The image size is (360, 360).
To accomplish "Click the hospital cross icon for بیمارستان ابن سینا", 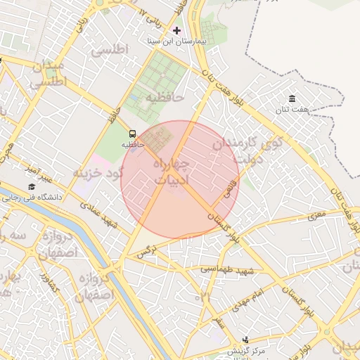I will [x=176, y=30].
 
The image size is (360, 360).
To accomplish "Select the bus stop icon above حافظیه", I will [x=132, y=134].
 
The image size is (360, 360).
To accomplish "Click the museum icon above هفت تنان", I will [x=292, y=98].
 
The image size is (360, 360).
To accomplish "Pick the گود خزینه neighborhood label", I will [x=99, y=172].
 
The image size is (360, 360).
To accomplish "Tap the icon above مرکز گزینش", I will [x=245, y=340].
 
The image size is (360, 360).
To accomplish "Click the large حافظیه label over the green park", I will [x=165, y=96].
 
